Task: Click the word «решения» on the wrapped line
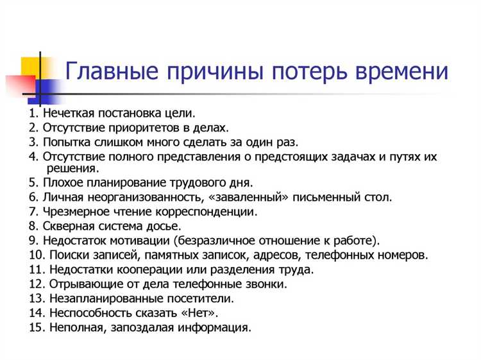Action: (x=72, y=168)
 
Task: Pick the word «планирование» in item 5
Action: (x=120, y=183)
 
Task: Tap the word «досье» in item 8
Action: (x=165, y=226)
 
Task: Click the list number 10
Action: (x=35, y=255)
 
